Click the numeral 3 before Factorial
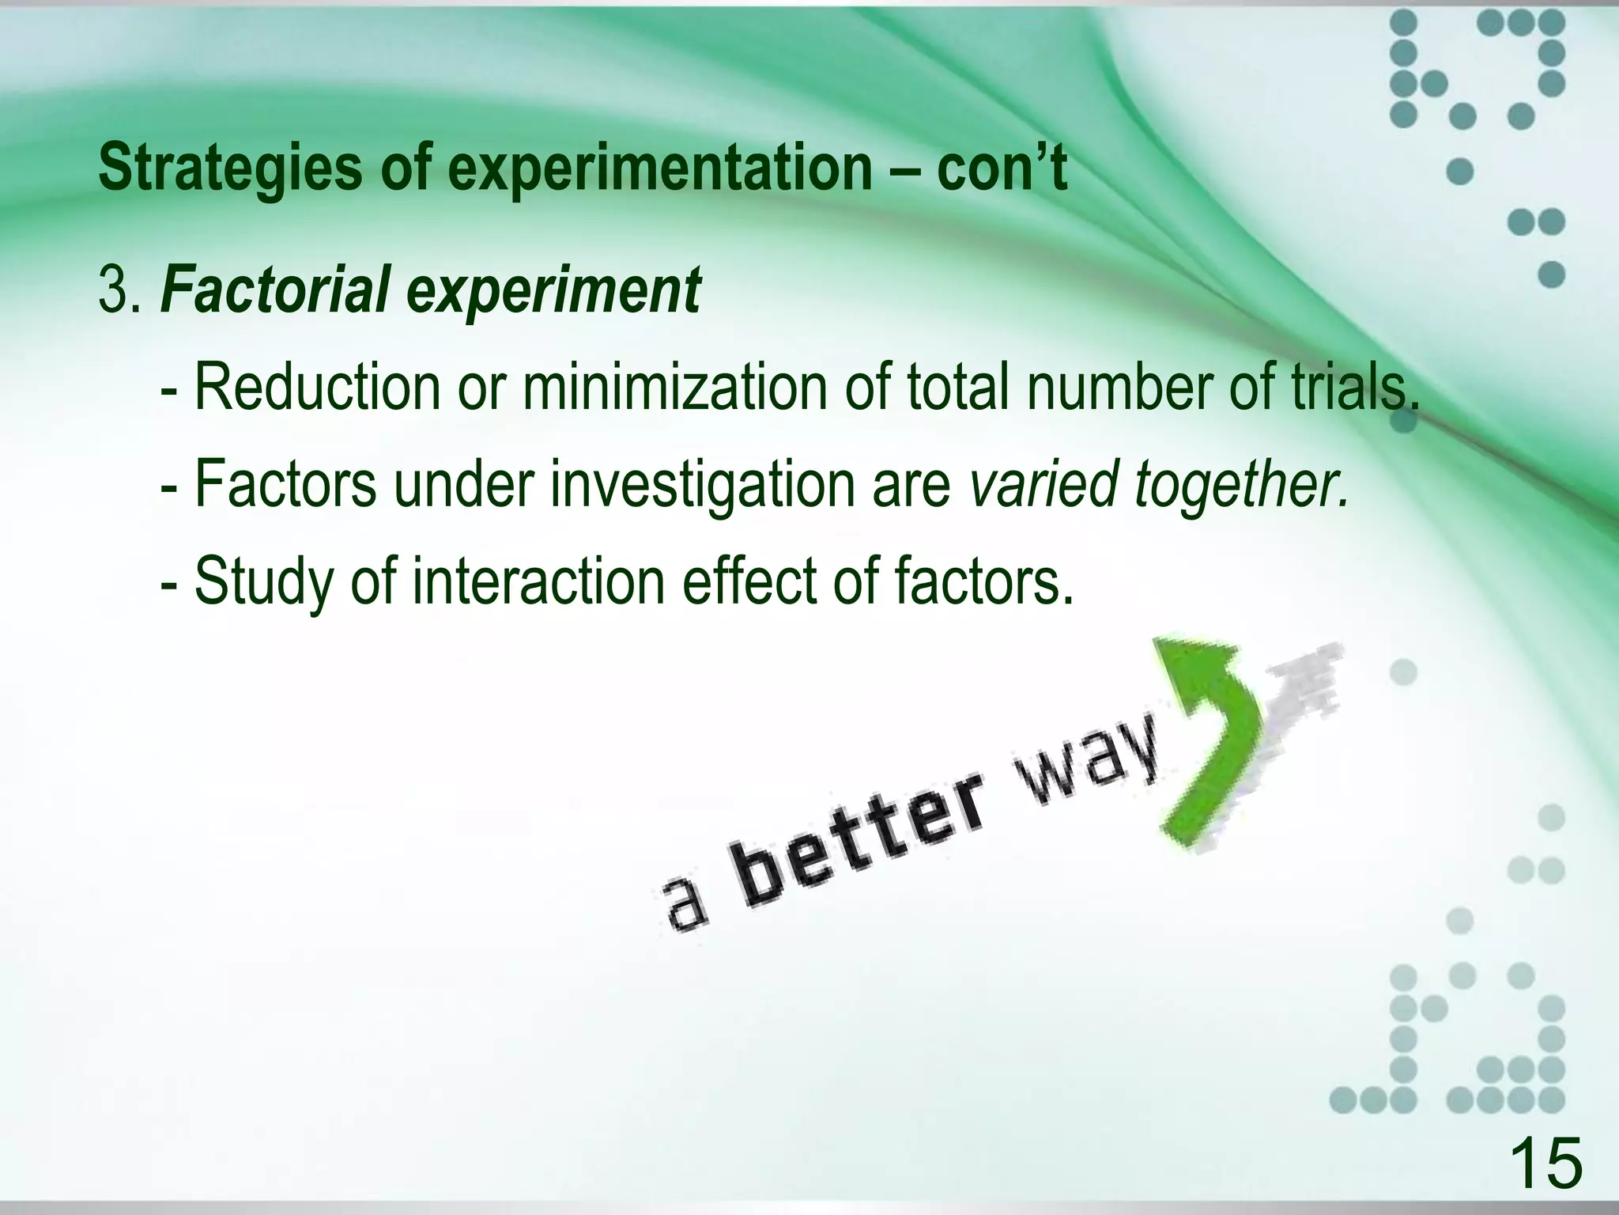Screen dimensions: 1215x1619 (x=113, y=290)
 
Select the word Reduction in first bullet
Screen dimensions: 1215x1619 (x=316, y=388)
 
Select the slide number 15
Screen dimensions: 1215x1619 (x=1545, y=1162)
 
